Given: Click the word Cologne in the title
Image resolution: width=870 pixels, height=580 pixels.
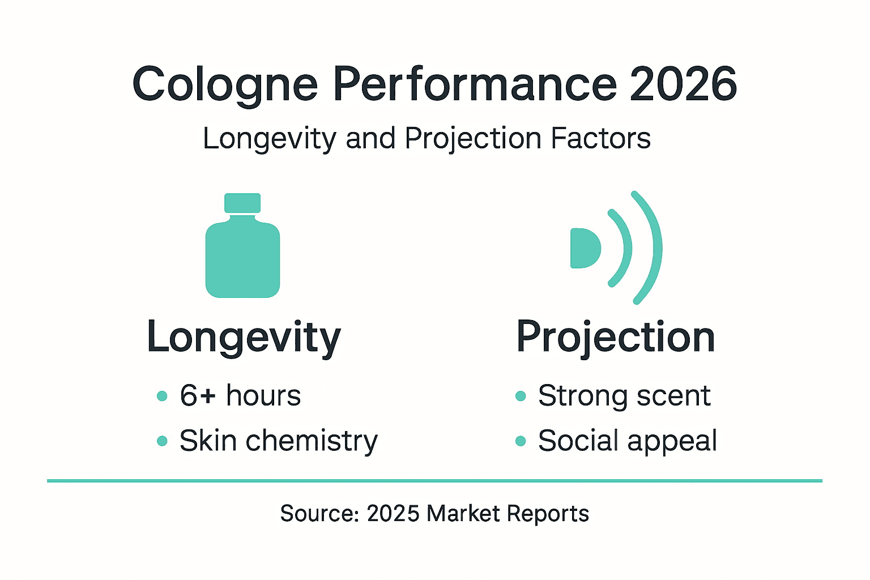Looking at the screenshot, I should pyautogui.click(x=225, y=85).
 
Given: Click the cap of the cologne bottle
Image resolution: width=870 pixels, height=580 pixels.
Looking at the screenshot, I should pyautogui.click(x=242, y=203).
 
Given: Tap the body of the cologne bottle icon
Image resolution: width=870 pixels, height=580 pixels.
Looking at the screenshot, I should pyautogui.click(x=242, y=261).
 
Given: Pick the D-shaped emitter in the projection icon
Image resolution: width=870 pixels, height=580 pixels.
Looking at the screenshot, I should pyautogui.click(x=583, y=248).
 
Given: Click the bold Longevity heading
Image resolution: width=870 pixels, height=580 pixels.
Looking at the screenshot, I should pyautogui.click(x=244, y=338).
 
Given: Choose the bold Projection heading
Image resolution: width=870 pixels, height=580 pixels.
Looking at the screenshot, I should pyautogui.click(x=616, y=338).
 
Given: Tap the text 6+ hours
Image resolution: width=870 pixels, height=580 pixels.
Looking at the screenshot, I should pyautogui.click(x=240, y=395).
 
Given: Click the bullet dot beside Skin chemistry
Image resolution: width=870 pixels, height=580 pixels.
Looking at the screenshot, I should pyautogui.click(x=162, y=441).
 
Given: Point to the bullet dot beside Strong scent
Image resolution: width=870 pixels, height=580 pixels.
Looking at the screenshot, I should pyautogui.click(x=521, y=396).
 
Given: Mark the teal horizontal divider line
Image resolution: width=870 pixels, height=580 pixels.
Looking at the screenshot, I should pyautogui.click(x=434, y=481).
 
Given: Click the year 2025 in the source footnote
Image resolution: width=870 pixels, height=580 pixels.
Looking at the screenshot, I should pyautogui.click(x=393, y=514).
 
